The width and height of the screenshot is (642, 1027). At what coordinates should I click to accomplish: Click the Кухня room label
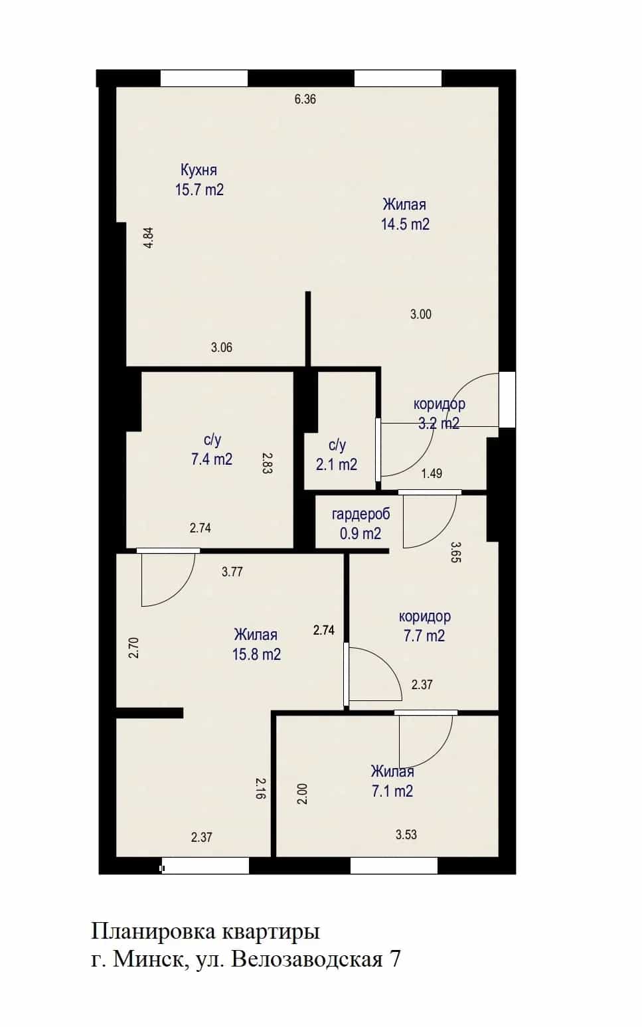pos(199,170)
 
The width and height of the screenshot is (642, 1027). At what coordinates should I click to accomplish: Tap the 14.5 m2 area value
pos(405,224)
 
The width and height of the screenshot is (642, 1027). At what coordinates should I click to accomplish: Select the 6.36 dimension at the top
pos(305,99)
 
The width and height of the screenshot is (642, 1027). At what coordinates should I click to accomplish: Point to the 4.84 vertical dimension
pos(148,238)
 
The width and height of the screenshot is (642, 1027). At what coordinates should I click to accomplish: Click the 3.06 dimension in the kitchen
pos(222,347)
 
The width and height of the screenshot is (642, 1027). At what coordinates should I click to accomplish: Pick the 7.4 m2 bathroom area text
pos(211,459)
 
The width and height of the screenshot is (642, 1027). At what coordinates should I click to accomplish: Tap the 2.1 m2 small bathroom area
pos(337,465)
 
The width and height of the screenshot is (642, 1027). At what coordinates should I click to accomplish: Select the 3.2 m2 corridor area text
pos(438,423)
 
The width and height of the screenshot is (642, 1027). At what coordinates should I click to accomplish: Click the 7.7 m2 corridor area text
pos(424,636)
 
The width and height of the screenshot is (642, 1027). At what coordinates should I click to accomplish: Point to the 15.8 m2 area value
pos(256,655)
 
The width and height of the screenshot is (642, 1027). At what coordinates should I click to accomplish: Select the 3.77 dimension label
pos(232,572)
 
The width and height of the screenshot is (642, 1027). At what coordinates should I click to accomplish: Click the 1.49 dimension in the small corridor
pos(432,473)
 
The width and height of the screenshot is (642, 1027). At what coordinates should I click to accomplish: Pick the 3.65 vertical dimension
pos(455,552)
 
